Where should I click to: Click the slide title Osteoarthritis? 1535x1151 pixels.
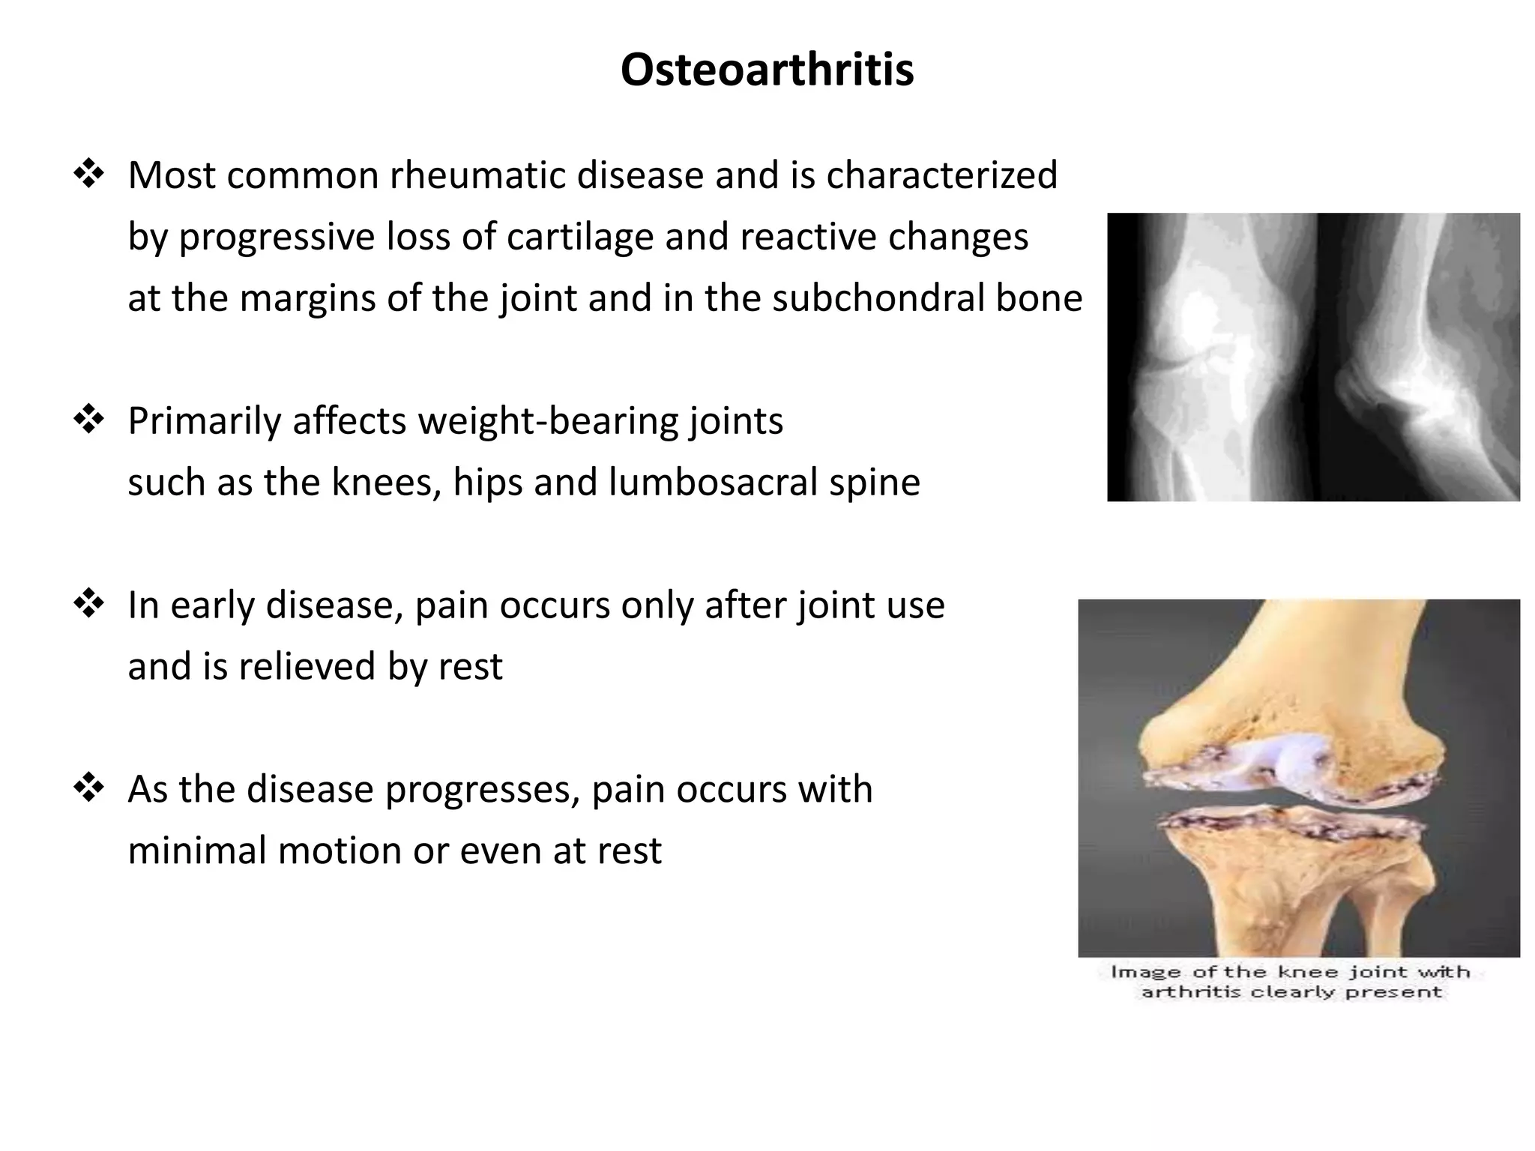tap(767, 70)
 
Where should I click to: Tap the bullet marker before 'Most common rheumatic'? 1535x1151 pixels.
tap(88, 174)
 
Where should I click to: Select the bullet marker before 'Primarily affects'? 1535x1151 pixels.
tap(88, 420)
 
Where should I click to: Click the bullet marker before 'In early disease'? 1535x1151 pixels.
tap(88, 604)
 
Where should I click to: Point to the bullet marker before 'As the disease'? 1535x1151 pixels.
tap(88, 788)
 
